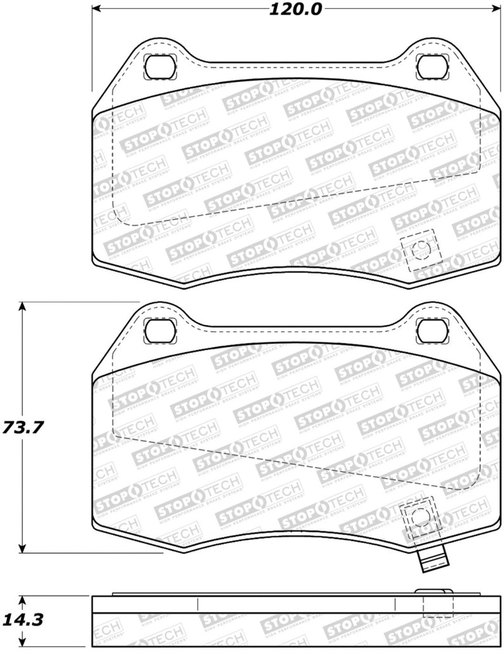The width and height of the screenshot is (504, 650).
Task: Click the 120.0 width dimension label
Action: [x=296, y=9]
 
